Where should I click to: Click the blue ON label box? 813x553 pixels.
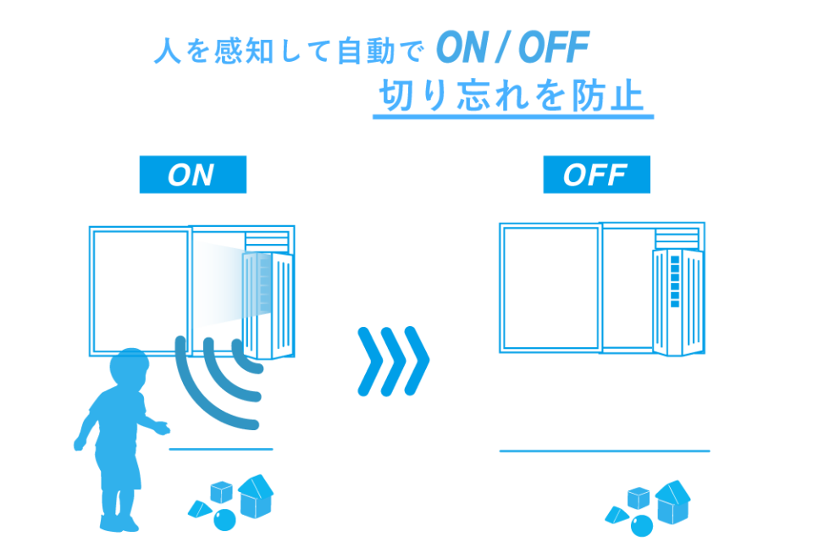(193, 174)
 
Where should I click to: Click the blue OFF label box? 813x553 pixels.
(596, 174)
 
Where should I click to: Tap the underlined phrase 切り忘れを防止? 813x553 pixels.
(512, 96)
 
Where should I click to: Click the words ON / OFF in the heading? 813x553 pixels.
(513, 47)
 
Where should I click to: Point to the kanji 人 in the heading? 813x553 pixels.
(168, 51)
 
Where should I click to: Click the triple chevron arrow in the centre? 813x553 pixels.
(394, 361)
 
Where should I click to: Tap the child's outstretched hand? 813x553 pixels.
(163, 429)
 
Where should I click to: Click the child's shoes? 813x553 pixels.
(119, 523)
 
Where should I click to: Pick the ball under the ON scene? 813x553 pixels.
(224, 520)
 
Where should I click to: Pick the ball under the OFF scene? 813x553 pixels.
(642, 526)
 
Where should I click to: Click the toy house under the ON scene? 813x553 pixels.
(256, 496)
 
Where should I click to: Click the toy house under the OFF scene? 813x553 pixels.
(673, 502)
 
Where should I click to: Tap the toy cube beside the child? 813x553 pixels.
(221, 492)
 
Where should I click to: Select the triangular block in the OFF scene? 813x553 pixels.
(617, 515)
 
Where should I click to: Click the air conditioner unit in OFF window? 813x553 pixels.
(678, 302)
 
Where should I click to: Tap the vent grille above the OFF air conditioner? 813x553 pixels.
(677, 239)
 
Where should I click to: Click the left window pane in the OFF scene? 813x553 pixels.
(550, 288)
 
